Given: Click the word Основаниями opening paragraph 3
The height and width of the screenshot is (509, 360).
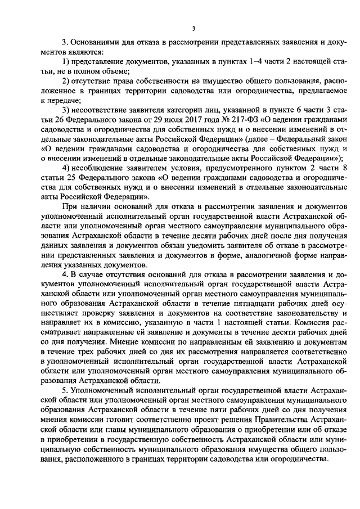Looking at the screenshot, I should tap(97, 42).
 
